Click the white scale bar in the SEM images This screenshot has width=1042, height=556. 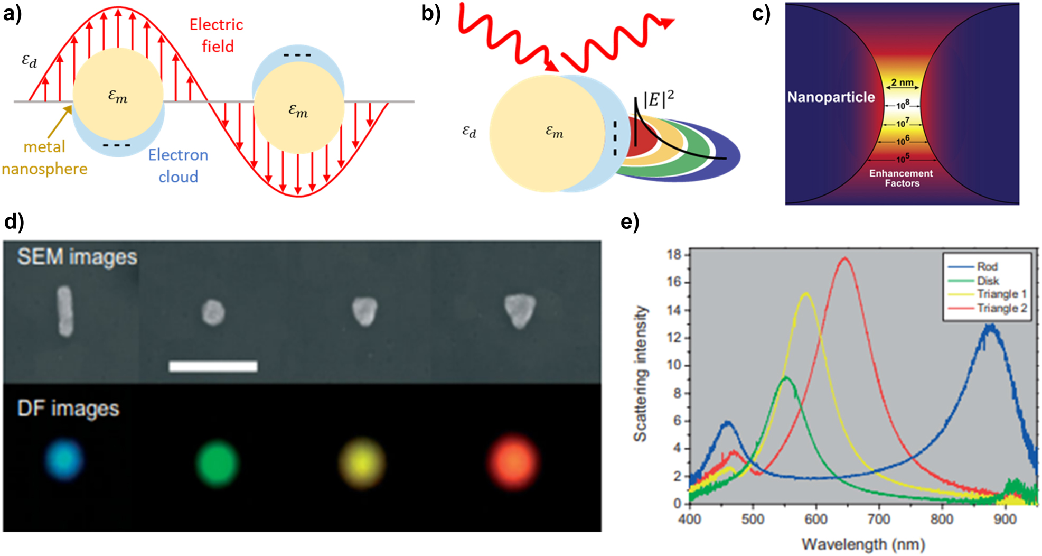coord(213,366)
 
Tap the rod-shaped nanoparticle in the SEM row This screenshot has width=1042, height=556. coord(64,311)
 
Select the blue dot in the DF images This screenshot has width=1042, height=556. coord(64,459)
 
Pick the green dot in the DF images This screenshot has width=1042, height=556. coord(217,463)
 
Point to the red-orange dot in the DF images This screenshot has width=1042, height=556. coord(513,462)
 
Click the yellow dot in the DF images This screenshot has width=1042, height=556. coord(362,463)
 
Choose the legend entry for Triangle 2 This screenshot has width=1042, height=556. coord(1001,308)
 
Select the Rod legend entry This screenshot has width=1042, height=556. coord(987,266)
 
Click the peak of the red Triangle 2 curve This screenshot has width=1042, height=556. coord(844,258)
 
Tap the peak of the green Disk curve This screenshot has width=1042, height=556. coord(786,377)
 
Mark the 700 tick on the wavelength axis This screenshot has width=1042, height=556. coord(879,520)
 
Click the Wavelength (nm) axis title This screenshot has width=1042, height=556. coord(863,544)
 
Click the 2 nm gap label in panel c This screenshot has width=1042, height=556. coord(902,82)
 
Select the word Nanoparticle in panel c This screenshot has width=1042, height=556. coord(831,97)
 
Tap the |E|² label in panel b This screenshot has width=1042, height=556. coord(658,99)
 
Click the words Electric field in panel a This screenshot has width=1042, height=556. coord(217,35)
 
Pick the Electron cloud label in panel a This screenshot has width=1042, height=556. coord(178,165)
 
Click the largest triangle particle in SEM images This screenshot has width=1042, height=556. coord(520,311)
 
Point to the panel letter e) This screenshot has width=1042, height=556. coord(630,223)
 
